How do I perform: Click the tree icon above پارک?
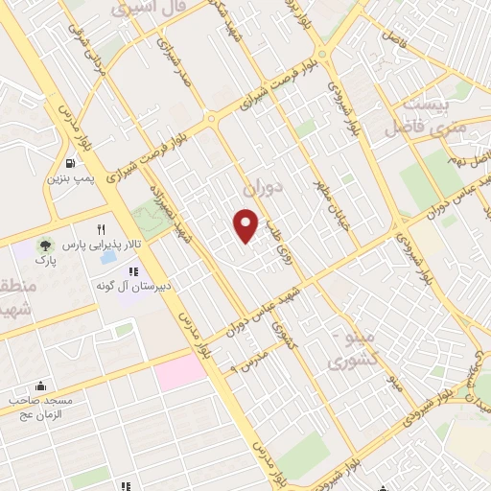43,245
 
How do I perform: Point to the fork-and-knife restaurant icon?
100,229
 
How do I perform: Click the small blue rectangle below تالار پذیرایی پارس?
111,259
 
